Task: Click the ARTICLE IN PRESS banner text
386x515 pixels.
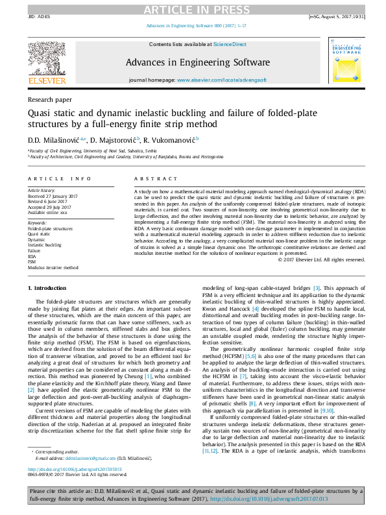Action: pos(193,9)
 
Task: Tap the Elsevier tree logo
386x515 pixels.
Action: pos(46,62)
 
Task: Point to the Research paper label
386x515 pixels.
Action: pos(50,100)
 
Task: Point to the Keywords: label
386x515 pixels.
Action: pos(38,222)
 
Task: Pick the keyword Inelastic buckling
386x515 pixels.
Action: pos(45,245)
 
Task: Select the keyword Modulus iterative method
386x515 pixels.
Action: pos(53,267)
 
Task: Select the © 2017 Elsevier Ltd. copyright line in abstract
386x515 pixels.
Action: pos(320,261)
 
